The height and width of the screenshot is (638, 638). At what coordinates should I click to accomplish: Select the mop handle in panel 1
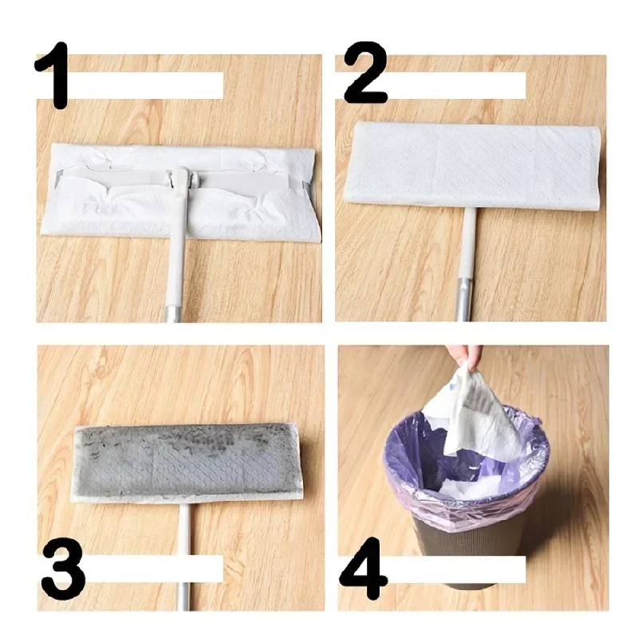[175, 263]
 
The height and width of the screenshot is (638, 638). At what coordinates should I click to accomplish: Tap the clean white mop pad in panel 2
[471, 167]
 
